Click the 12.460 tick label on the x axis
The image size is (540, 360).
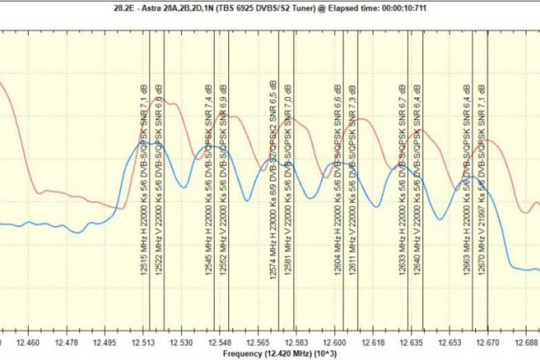28,343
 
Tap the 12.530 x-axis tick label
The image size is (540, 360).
181,343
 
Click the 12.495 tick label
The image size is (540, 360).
105,343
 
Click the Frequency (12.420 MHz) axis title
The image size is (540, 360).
279,354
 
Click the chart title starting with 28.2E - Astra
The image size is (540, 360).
270,7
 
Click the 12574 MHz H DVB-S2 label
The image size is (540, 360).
273,180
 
